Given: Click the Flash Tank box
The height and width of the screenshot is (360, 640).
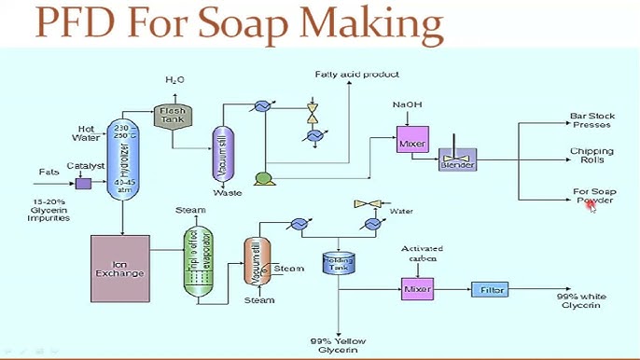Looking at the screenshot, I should [171, 117].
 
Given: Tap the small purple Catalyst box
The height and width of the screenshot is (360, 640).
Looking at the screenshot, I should [83, 183].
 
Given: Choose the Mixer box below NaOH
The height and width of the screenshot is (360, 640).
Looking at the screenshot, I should [411, 144].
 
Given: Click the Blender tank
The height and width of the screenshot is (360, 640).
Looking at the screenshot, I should [458, 160].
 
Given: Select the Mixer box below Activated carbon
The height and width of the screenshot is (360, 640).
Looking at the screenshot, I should [419, 289].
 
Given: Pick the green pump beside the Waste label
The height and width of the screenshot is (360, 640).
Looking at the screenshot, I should [263, 178].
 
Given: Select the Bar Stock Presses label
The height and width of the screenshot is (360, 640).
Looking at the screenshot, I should [592, 120].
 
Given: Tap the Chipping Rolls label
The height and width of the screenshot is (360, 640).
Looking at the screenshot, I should [592, 156].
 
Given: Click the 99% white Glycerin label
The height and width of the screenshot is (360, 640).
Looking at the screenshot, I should [578, 300].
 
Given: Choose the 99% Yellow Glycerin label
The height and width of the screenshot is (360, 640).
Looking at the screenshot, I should [336, 346].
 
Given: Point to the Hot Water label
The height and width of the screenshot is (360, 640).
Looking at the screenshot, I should [86, 133].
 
